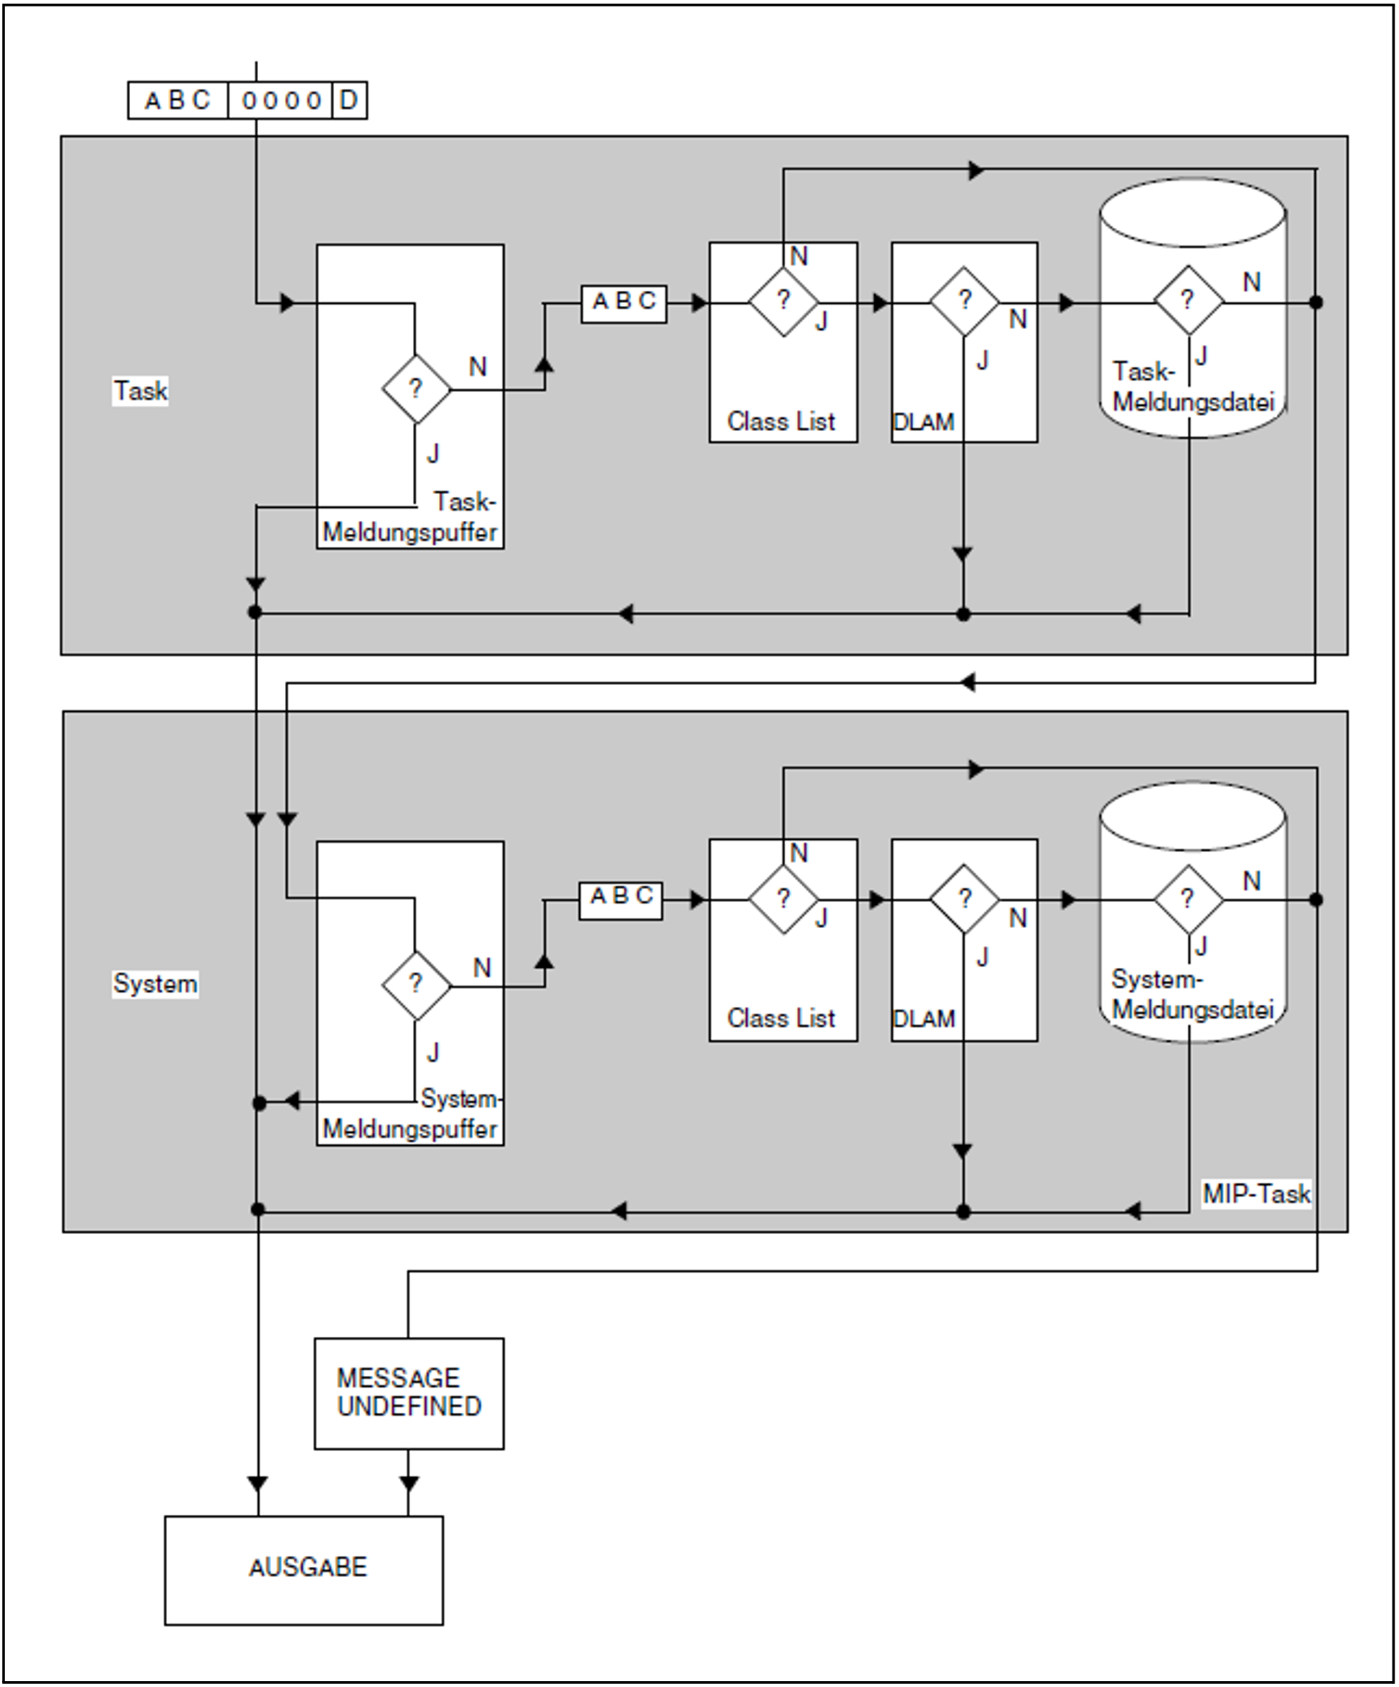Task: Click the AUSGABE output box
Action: pos(304,1571)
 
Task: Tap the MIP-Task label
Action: pos(1256,1194)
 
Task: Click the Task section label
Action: pos(140,391)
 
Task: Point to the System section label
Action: pos(155,984)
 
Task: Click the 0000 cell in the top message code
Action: pos(281,101)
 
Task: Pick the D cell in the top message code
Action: pos(349,101)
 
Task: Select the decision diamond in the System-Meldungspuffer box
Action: pos(416,985)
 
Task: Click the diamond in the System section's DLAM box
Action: pos(964,899)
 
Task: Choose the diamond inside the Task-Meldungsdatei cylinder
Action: pos(1189,301)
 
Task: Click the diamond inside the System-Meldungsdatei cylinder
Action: pos(1189,899)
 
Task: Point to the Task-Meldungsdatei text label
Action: pos(1194,387)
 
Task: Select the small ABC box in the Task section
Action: pos(624,303)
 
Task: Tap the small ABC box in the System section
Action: pos(621,900)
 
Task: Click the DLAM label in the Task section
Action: pos(923,422)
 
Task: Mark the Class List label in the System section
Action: pos(781,1019)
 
